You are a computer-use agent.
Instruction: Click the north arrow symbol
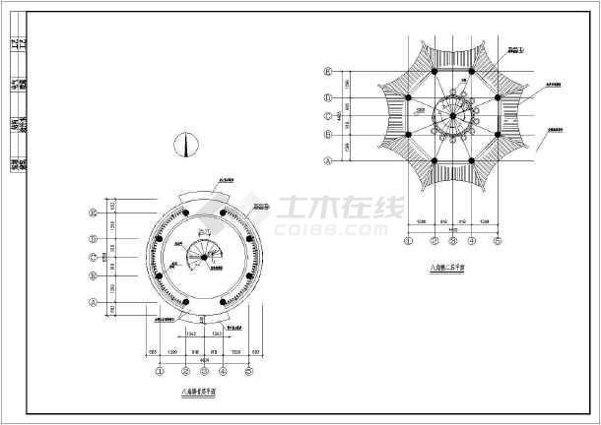181,144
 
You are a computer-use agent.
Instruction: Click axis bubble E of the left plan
93,212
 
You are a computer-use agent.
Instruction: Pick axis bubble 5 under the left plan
249,372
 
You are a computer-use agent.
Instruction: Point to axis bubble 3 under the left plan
203,372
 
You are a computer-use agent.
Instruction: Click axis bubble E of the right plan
327,72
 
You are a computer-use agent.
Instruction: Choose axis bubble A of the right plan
327,160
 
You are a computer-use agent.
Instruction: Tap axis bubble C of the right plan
327,116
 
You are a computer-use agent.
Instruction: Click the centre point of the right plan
453,116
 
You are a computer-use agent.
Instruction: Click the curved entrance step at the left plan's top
203,194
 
